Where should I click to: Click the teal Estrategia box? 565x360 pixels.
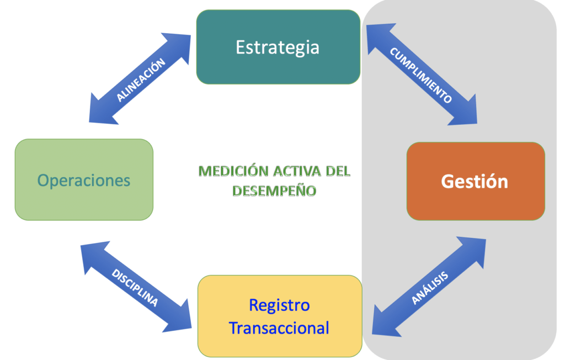(278, 47)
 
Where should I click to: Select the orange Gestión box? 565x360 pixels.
(475, 181)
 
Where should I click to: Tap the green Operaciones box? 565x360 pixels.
(84, 180)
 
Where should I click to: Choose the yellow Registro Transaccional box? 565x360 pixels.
(279, 316)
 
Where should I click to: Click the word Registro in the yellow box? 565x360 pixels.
(279, 305)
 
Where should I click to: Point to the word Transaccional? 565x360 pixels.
(279, 328)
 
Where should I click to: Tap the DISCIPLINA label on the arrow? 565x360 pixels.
(135, 288)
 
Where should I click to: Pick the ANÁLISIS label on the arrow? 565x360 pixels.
(430, 288)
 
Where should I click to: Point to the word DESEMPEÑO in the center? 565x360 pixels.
(274, 190)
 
